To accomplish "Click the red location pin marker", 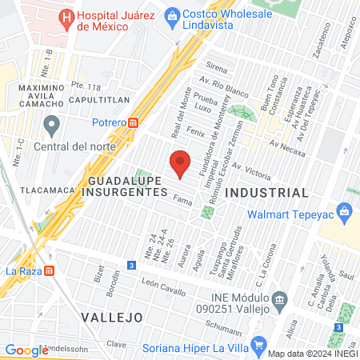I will [x=181, y=163].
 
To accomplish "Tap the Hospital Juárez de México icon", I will [x=66, y=16].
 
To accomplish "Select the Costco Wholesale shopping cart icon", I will [x=173, y=15].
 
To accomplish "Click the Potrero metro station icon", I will [x=134, y=122].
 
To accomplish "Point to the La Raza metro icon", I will [x=50, y=270].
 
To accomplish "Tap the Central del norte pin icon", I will [x=53, y=125].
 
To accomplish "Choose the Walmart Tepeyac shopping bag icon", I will [x=345, y=212].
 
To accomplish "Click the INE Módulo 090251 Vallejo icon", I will [x=279, y=302].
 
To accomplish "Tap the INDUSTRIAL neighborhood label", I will [x=266, y=193].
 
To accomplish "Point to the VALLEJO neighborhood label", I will [x=111, y=318].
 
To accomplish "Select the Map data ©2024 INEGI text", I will [x=312, y=354].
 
